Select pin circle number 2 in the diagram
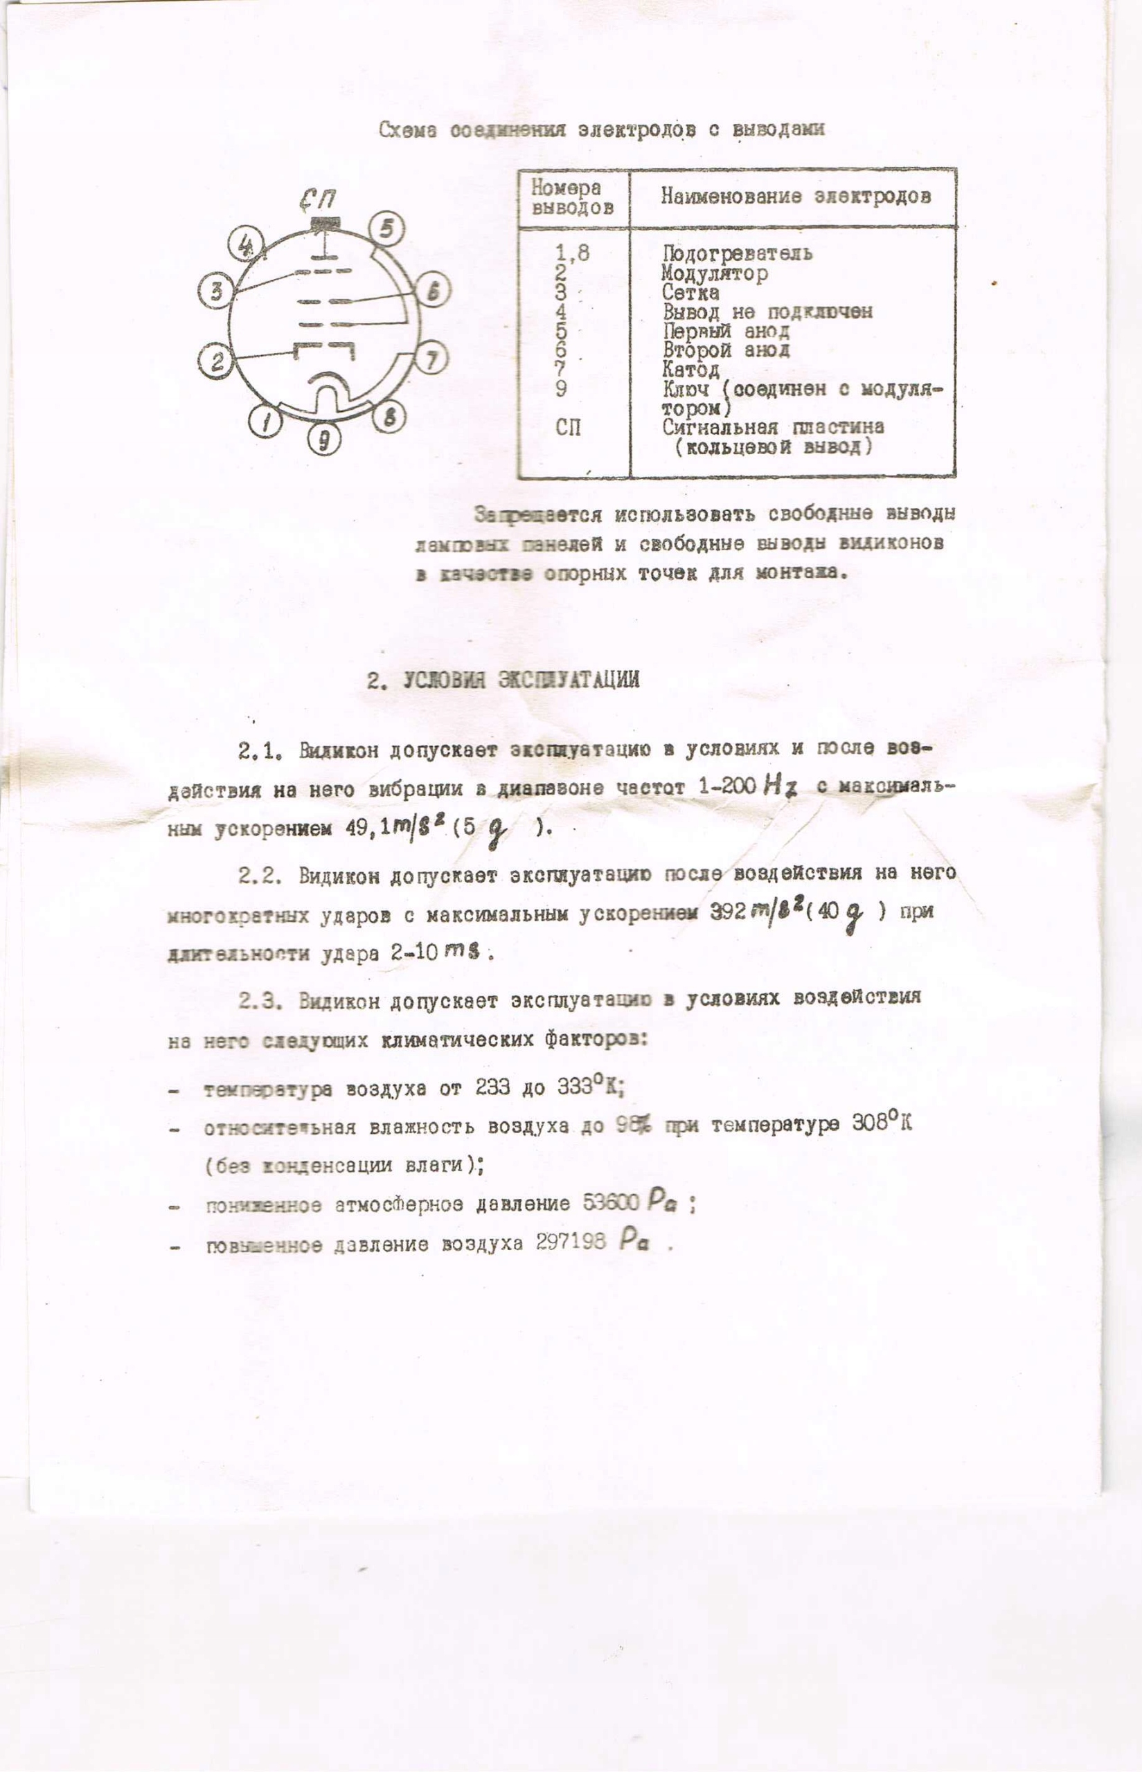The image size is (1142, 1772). coord(217,361)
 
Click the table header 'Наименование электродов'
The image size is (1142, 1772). coord(795,197)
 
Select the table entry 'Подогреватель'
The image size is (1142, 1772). coord(737,253)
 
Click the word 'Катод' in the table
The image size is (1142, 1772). coord(691,368)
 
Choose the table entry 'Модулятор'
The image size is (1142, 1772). coord(715,273)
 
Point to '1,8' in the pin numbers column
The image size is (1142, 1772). coord(573,253)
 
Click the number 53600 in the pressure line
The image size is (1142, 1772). coord(611,1202)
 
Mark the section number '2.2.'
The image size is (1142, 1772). coord(260,875)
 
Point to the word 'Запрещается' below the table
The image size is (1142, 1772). coord(539,514)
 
